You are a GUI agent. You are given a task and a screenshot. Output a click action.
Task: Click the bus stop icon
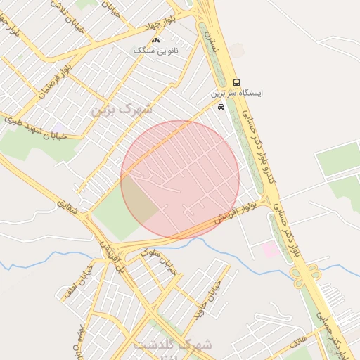click(236, 82)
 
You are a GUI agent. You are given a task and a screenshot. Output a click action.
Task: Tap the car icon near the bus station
click(221, 107)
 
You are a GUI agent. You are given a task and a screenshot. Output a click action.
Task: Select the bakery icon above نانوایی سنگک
click(155, 41)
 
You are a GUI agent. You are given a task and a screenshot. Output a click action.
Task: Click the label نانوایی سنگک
click(157, 51)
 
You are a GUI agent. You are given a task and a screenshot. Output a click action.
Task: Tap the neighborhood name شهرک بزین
click(121, 110)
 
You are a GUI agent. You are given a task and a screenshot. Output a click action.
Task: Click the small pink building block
click(269, 249)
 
